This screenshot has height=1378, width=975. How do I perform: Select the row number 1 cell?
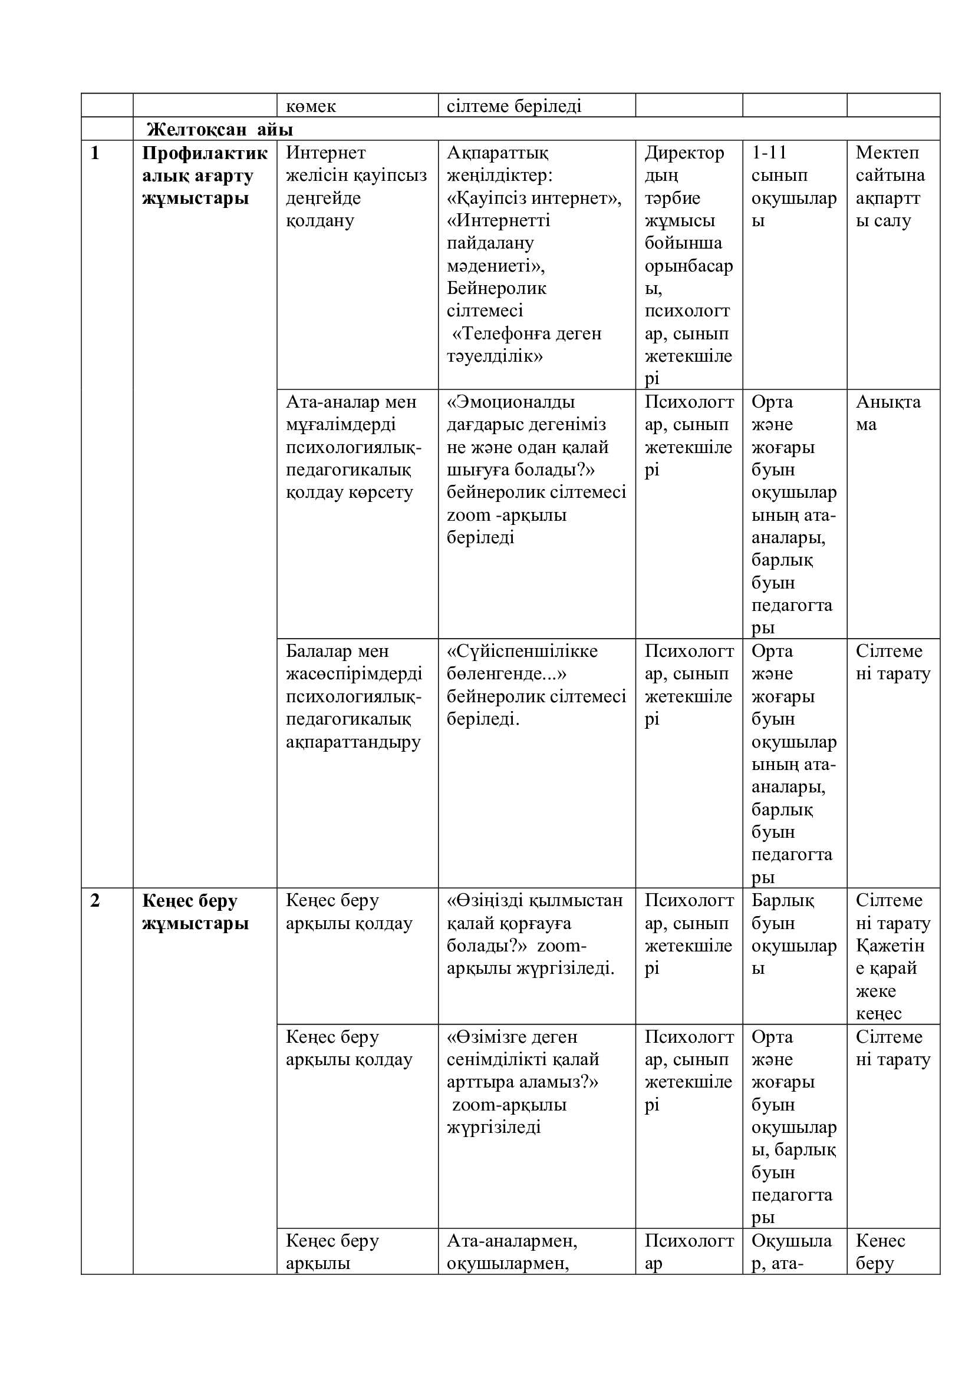[95, 153]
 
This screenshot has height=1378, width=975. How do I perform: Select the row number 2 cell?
[95, 901]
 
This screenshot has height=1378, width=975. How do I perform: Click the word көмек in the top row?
[311, 106]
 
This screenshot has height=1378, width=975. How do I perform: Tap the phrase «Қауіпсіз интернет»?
[534, 198]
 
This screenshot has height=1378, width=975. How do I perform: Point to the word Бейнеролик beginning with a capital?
[496, 288]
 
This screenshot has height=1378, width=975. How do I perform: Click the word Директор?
[684, 153]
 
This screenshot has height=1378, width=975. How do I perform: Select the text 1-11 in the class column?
[769, 153]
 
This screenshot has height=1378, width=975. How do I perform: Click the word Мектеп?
[887, 153]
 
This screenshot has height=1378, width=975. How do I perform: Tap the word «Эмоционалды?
[511, 402]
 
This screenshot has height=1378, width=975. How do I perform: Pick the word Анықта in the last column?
[888, 402]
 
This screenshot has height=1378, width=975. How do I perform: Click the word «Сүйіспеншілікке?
[522, 651]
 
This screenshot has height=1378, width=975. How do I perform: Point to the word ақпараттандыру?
[353, 742]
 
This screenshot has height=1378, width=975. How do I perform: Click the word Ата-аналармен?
[512, 1241]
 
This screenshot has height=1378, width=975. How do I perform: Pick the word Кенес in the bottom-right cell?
[881, 1241]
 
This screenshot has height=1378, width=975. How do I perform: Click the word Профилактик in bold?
[205, 153]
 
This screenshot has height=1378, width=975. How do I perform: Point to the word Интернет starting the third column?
[325, 153]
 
